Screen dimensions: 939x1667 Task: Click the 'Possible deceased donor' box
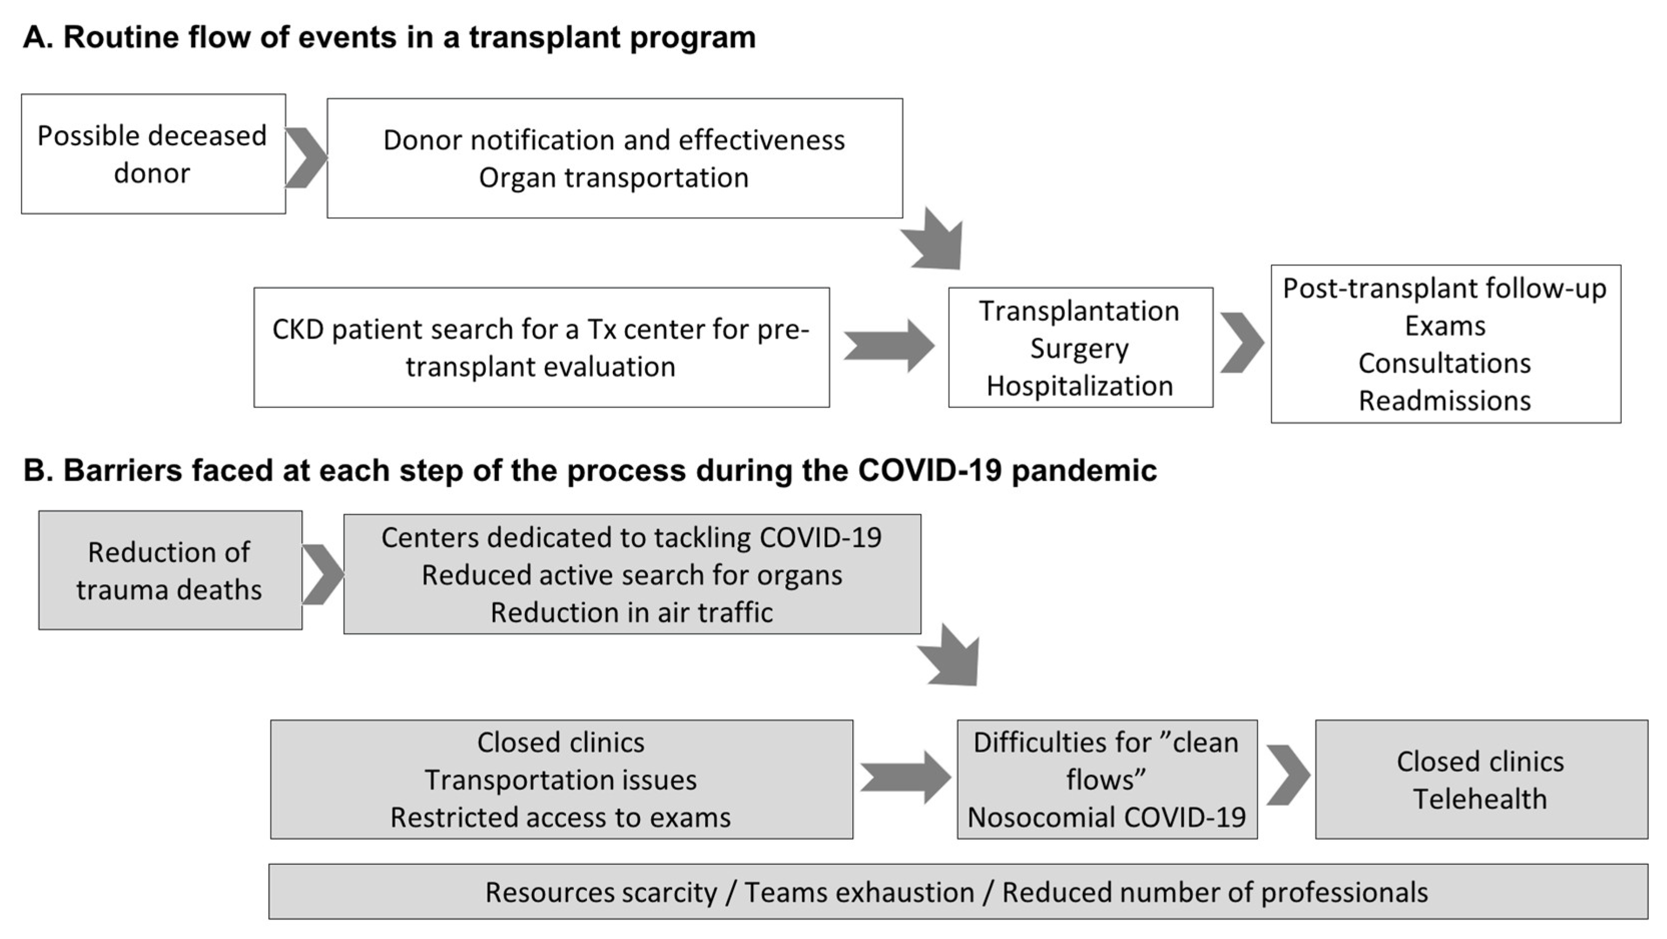tap(153, 154)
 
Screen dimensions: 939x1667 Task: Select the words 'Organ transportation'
tap(613, 178)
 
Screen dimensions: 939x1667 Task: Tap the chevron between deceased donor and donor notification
tap(306, 158)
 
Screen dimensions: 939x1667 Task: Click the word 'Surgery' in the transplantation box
tap(1080, 349)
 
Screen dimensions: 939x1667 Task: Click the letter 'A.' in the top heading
tap(38, 38)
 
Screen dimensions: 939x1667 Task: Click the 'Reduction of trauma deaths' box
tap(170, 570)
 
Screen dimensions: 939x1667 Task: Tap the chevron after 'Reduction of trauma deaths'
tap(322, 574)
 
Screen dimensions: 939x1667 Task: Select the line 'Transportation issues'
tap(560, 780)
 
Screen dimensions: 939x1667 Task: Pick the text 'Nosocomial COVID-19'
tap(1107, 817)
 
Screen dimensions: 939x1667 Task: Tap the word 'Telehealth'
tap(1480, 799)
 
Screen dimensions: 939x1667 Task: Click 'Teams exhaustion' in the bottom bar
tap(859, 892)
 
